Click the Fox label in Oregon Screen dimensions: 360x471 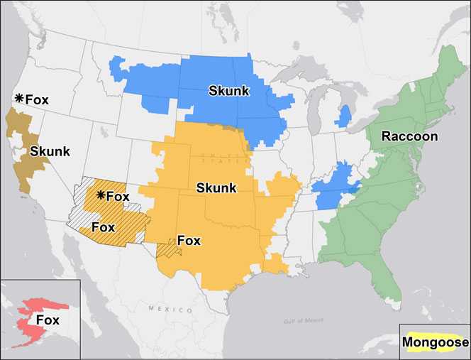[x=37, y=99]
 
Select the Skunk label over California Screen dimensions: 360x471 [x=50, y=151]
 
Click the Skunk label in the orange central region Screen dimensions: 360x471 [x=217, y=187]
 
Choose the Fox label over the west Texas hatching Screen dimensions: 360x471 [x=189, y=241]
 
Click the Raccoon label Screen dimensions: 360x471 [x=410, y=136]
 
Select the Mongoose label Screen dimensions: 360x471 [x=435, y=342]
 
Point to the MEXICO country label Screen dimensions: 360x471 [x=170, y=310]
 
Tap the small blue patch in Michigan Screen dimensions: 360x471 [x=345, y=116]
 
